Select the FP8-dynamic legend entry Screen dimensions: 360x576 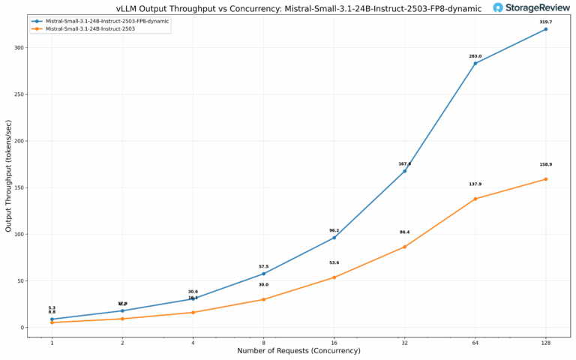coord(106,21)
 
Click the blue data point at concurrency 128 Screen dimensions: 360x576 coord(545,29)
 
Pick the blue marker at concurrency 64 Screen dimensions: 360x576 coord(475,63)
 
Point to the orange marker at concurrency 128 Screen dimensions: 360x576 coord(545,179)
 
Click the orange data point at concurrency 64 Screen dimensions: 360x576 coord(475,199)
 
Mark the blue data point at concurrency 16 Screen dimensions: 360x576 coord(334,238)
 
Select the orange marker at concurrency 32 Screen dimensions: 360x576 coord(404,247)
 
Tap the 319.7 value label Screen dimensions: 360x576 coord(545,22)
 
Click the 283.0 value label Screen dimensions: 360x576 coord(475,55)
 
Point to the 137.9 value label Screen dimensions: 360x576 coord(475,184)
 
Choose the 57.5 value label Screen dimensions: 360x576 coord(263,266)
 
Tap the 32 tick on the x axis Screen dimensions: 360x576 coord(404,343)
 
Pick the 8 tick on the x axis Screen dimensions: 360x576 coord(263,343)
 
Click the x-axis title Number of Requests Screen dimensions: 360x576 coord(298,351)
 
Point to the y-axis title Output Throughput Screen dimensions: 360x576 coord(8,178)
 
